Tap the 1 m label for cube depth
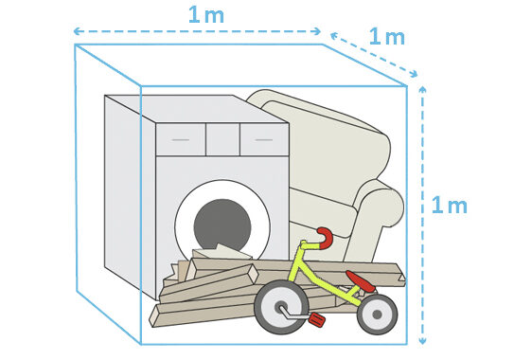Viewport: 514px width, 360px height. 385,37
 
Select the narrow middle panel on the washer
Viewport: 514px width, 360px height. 222,139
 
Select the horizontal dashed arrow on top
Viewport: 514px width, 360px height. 199,32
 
